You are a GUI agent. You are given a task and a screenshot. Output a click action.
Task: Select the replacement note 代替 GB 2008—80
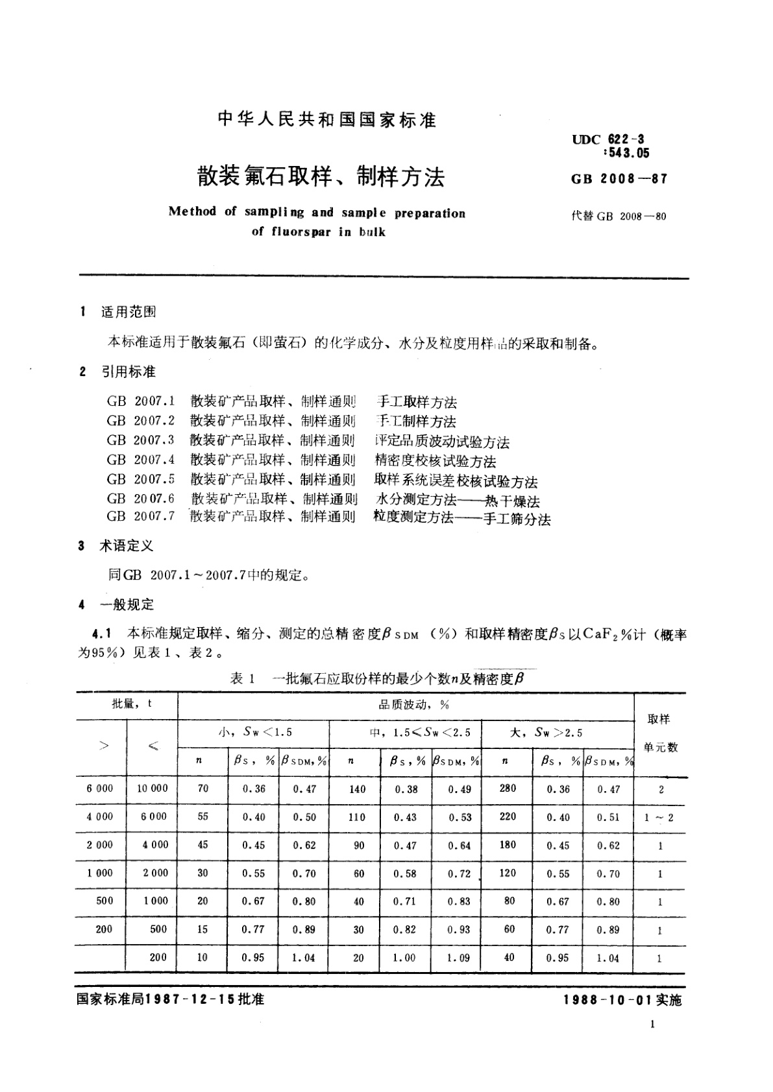tap(619, 216)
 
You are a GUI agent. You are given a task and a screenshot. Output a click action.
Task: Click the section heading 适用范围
tap(129, 312)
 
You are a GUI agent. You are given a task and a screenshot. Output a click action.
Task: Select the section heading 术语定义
tap(127, 546)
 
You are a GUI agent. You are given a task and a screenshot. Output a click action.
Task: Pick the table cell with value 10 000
tap(153, 788)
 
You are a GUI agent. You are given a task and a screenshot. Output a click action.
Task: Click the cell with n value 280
tap(508, 788)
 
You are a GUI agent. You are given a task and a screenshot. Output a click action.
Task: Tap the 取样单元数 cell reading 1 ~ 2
tap(659, 818)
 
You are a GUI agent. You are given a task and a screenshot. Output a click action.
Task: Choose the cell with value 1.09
tap(458, 957)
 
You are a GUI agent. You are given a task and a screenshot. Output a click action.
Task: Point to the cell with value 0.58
tap(405, 873)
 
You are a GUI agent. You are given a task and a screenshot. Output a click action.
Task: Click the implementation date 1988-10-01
tap(609, 1001)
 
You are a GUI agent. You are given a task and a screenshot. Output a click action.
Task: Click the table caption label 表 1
tap(237, 678)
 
